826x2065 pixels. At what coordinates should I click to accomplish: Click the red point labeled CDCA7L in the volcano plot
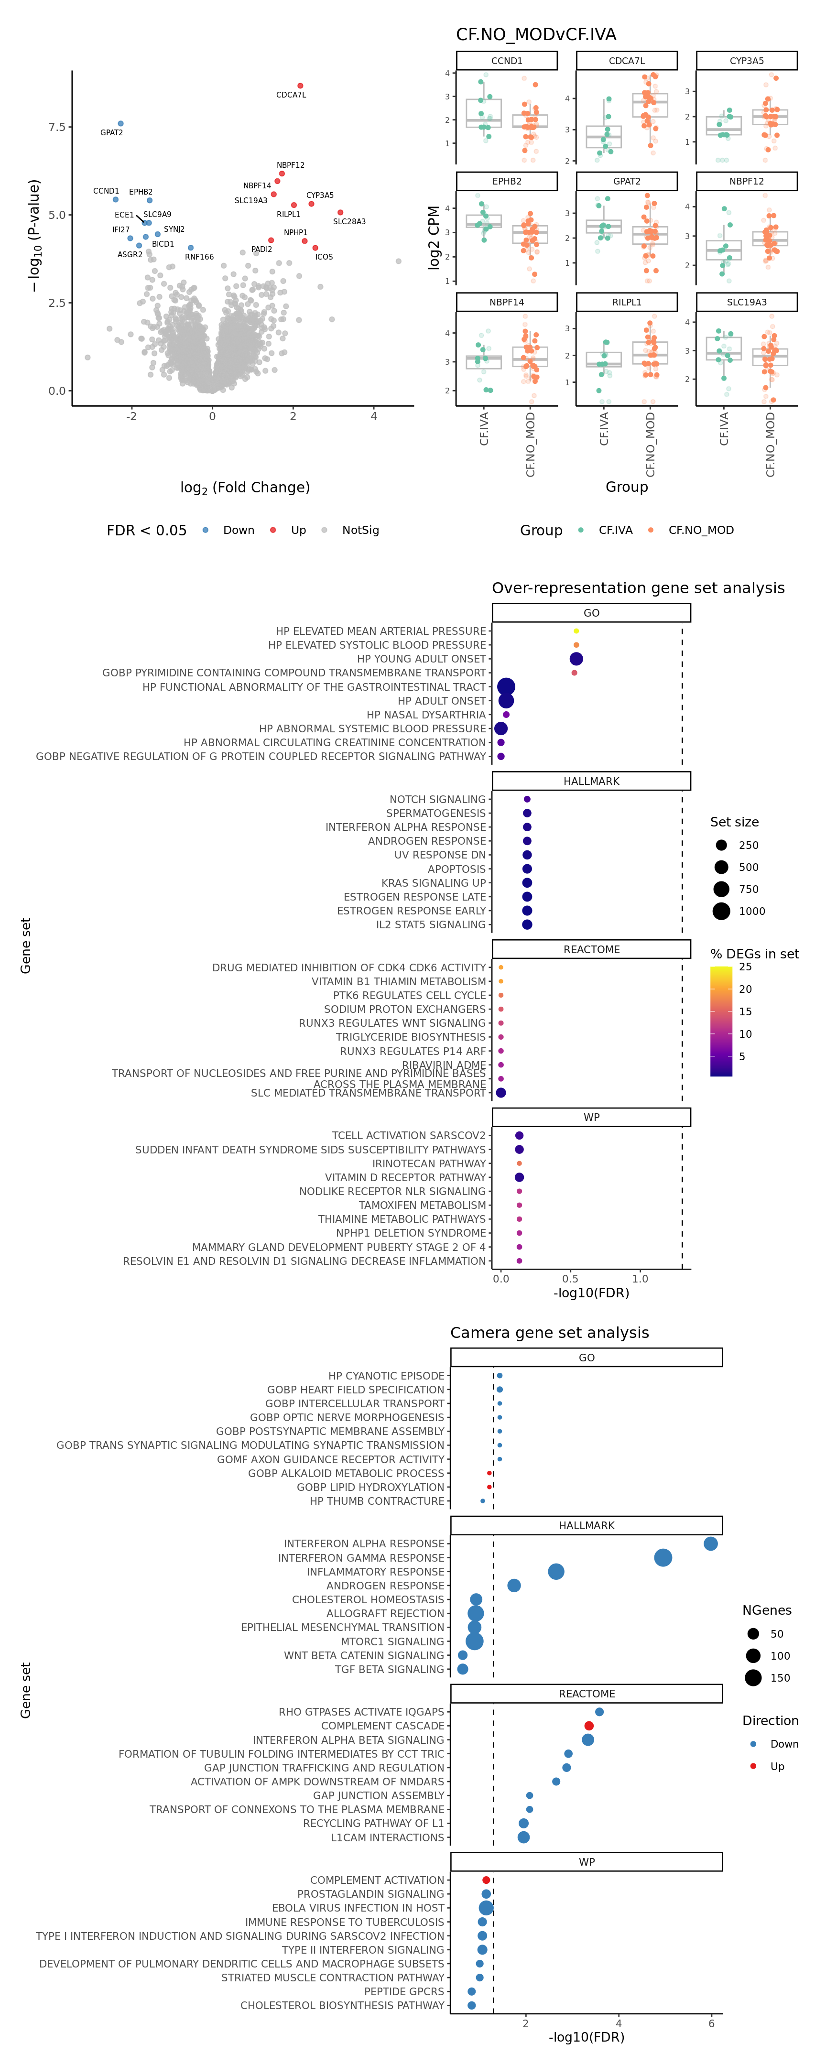(300, 86)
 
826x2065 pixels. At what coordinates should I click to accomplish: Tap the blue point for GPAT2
(120, 123)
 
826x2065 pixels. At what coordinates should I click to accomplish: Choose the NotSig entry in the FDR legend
(360, 530)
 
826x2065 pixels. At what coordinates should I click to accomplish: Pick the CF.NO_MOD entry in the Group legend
(700, 530)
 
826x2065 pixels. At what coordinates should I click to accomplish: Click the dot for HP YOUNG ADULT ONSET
(576, 659)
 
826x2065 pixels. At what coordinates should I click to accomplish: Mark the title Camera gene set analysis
(549, 1332)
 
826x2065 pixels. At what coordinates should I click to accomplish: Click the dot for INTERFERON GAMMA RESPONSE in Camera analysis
(663, 1557)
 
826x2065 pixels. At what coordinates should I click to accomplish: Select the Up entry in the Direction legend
(776, 1766)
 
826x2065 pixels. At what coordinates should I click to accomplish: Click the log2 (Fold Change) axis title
(245, 488)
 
